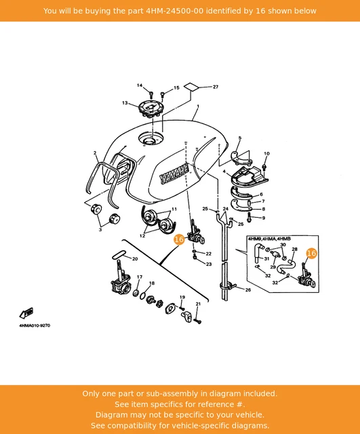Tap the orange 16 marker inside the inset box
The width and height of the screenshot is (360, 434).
311,253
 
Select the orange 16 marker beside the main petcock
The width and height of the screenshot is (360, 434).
179,239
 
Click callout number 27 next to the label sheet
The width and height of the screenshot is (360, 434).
216,87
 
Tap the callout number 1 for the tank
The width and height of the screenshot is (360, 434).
198,106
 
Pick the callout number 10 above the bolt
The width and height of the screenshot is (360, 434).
266,154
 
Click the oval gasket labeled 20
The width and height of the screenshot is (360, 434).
119,254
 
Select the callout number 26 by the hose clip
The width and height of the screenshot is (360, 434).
248,290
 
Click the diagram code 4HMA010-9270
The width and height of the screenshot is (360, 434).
35,325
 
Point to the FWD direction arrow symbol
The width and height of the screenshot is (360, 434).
26,313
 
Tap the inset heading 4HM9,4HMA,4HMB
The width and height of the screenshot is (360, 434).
269,239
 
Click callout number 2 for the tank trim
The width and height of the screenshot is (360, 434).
95,153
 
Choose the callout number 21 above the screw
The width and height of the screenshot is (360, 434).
198,304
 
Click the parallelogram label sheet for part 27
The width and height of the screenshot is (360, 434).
191,86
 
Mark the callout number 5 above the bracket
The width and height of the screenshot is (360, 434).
239,138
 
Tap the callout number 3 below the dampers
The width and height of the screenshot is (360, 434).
100,229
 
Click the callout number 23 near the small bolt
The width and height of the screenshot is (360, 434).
209,264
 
